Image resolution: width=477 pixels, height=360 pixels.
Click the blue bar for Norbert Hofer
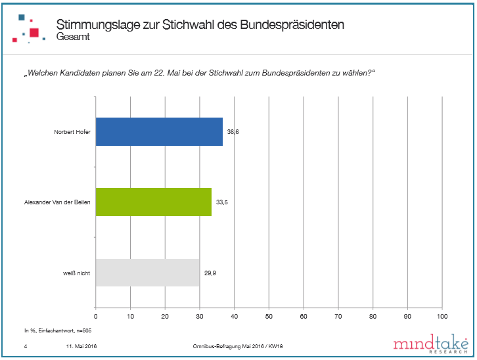point(159,132)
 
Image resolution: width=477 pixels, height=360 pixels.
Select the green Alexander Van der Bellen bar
point(154,202)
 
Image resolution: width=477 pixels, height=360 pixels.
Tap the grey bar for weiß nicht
point(148,272)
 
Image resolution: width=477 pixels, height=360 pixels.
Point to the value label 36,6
point(233,132)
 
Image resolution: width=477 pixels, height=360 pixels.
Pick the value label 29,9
point(210,272)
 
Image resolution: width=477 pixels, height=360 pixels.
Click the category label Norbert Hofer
point(72,132)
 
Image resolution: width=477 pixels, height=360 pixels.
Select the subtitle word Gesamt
point(73,37)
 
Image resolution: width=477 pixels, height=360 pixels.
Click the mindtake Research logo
point(430,344)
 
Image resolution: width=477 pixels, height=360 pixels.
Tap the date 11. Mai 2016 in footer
point(82,346)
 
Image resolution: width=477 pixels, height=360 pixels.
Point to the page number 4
point(24,346)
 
